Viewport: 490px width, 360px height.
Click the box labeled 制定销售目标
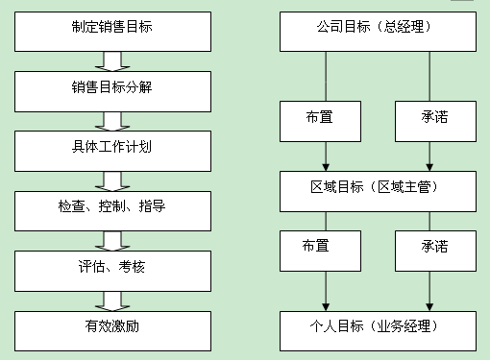tap(112, 32)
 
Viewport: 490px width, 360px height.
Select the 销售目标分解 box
tap(112, 91)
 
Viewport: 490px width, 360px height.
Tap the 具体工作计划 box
tap(112, 151)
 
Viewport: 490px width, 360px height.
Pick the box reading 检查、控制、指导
tap(112, 211)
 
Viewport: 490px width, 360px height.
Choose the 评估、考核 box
tap(112, 271)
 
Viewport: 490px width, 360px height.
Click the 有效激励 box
tap(112, 331)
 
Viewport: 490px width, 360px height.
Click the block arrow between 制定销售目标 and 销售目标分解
tap(112, 61)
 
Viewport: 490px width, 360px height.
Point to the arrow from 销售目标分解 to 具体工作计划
tap(112, 121)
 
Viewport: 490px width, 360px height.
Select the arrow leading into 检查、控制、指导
tap(112, 181)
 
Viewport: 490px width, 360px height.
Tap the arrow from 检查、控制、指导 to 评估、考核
tap(112, 241)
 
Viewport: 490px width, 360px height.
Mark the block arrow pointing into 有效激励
tap(112, 301)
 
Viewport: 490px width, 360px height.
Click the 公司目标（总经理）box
tap(378, 32)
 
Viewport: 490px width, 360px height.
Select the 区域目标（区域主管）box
tap(378, 191)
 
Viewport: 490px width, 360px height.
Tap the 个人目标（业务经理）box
tap(378, 331)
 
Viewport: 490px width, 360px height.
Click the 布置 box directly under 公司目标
tap(320, 121)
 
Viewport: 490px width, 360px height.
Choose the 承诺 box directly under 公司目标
tap(435, 121)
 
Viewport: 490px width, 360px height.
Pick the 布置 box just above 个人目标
tap(320, 251)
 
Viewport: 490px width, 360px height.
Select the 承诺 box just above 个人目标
tap(435, 251)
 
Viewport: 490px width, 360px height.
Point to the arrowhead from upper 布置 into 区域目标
tap(326, 168)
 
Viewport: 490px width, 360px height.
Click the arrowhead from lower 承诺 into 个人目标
tap(429, 307)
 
